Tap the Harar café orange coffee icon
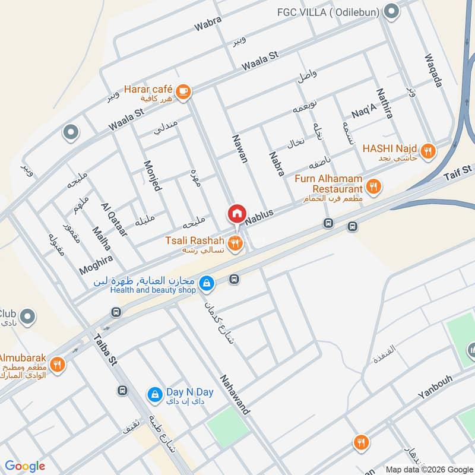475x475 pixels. pos(183,90)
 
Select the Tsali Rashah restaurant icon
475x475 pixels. pos(236,242)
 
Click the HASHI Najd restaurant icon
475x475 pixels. pos(429,151)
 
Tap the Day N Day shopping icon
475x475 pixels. pos(154,394)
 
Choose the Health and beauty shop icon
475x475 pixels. pos(206,284)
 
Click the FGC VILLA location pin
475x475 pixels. pos(391,11)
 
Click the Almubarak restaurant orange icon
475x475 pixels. pos(57,364)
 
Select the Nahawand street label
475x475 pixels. pos(235,394)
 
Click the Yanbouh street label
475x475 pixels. pos(435,386)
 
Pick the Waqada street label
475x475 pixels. pos(433,71)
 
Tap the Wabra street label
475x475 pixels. pos(208,24)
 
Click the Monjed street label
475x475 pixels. pos(152,175)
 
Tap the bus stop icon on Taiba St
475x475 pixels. pos(122,390)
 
